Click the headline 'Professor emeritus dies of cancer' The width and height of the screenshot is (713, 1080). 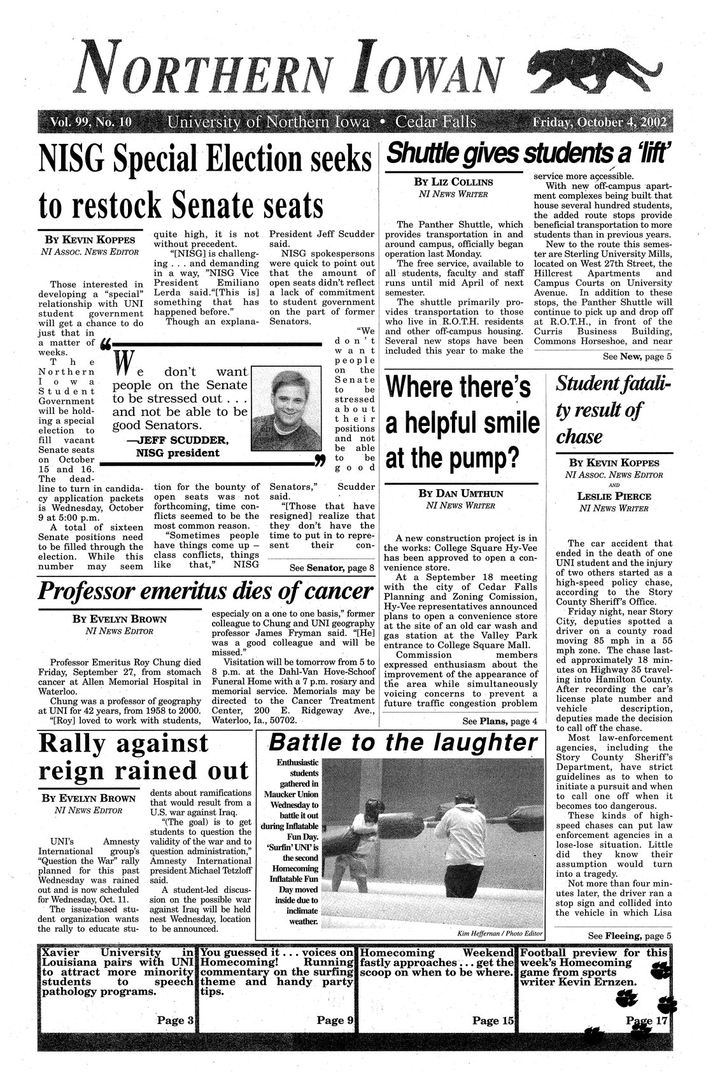point(205,592)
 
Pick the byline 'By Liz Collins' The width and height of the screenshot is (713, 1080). point(453,182)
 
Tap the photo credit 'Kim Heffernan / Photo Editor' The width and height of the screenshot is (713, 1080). point(499,933)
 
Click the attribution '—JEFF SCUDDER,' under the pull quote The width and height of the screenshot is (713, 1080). point(178,441)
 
